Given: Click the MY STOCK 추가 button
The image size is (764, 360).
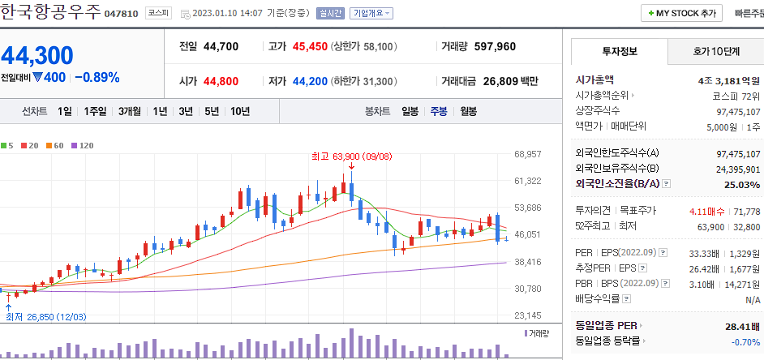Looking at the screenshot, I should tap(681, 13).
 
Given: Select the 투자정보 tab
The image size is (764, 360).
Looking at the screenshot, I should tap(620, 51).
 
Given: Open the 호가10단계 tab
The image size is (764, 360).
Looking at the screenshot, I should tap(715, 51).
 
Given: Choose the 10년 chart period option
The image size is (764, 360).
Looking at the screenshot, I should tap(239, 111).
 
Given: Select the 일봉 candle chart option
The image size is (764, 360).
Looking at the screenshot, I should tap(410, 111).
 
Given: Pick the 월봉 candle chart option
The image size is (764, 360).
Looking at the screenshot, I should tap(468, 111).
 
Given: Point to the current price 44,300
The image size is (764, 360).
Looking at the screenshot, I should tap(37, 55).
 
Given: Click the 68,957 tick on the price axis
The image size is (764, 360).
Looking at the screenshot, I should tap(527, 153).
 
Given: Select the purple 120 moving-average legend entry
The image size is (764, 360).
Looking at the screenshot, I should tap(83, 145).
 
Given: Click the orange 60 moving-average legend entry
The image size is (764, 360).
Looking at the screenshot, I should tap(58, 145).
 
